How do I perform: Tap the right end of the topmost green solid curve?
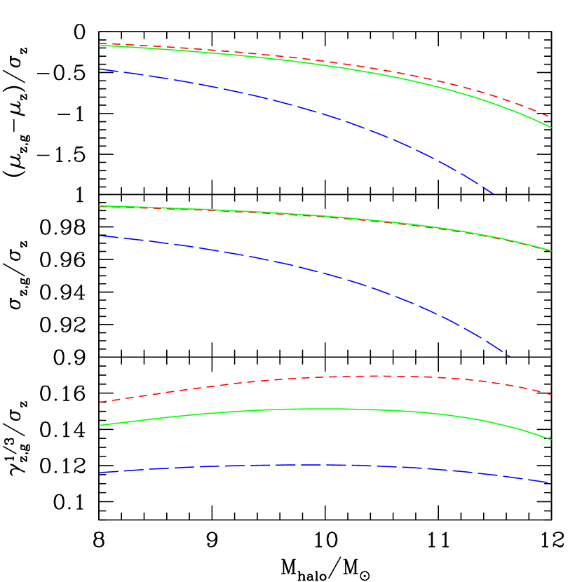(552, 128)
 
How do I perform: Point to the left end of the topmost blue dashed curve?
(100, 69)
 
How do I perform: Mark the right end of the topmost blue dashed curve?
(494, 193)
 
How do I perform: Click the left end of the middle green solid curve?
(100, 206)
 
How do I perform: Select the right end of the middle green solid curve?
(552, 251)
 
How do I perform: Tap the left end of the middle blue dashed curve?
(100, 236)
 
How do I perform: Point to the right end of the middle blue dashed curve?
(509, 356)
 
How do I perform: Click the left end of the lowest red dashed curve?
(100, 402)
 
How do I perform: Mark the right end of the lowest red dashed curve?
(552, 395)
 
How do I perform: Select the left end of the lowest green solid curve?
(100, 425)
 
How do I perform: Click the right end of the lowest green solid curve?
(552, 440)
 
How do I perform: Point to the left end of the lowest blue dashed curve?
(100, 473)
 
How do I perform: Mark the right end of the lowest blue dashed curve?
(548, 482)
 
